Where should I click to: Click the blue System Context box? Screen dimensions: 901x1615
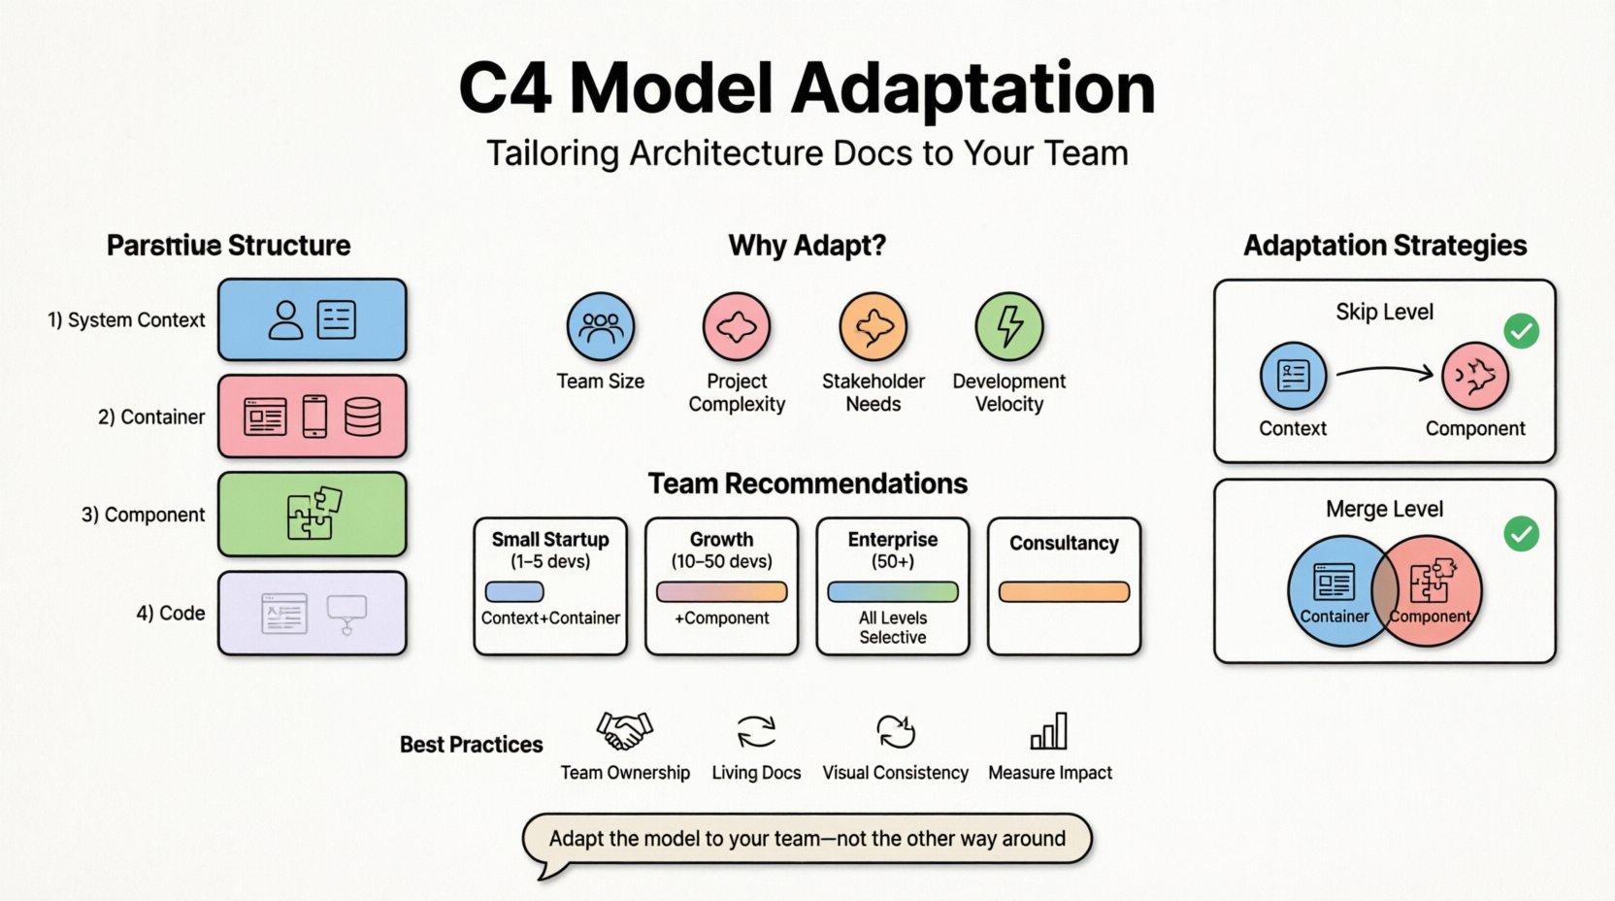point(312,319)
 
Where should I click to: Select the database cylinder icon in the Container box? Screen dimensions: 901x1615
point(362,417)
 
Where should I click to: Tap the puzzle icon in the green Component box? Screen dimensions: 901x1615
point(313,513)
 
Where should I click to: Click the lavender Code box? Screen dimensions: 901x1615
point(312,613)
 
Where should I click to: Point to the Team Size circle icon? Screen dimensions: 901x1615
point(600,327)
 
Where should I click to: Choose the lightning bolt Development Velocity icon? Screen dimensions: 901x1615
point(1009,327)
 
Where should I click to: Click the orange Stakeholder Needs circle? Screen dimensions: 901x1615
point(873,327)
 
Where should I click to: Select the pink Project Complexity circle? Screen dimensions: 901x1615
point(736,327)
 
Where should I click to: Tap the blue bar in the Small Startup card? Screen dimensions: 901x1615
point(514,591)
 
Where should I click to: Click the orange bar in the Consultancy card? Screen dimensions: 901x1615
point(1064,591)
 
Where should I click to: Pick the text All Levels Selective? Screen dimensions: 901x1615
point(892,627)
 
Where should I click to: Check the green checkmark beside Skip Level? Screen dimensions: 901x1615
point(1521,331)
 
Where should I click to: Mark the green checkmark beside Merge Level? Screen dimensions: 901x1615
point(1521,533)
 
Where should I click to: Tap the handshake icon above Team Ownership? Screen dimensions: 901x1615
point(624,731)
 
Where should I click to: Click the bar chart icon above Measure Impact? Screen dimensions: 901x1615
point(1049,731)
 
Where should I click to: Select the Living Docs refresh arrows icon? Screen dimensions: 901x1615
point(756,731)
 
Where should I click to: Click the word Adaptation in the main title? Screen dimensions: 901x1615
point(972,89)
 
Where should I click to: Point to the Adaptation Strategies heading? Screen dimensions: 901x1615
point(1385,246)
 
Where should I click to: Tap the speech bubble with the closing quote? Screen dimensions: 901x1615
point(807,839)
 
